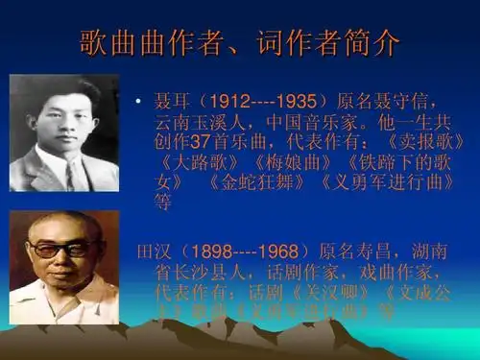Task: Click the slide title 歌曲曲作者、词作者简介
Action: (239, 44)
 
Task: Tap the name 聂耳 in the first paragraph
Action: (170, 101)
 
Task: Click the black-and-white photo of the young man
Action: (64, 133)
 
